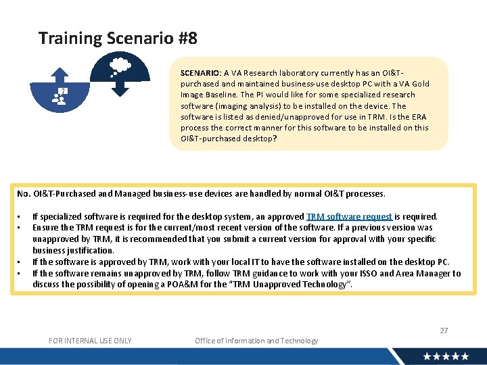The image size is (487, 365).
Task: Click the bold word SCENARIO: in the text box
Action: pyautogui.click(x=200, y=73)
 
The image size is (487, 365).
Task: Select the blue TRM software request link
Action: pyautogui.click(x=348, y=217)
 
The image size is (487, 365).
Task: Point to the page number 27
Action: pyautogui.click(x=444, y=331)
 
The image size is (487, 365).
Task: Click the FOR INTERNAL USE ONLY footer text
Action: pyautogui.click(x=90, y=341)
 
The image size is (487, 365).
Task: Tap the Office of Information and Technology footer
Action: pyautogui.click(x=256, y=341)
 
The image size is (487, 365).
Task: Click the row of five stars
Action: pyautogui.click(x=446, y=356)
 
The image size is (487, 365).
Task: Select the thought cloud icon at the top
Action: pyautogui.click(x=120, y=66)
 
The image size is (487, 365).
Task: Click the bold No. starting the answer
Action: pyautogui.click(x=24, y=194)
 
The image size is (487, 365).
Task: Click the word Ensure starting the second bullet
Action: pyautogui.click(x=45, y=228)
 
